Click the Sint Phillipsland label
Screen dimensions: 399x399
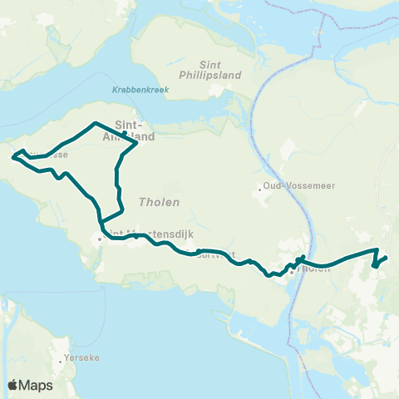(x=221, y=68)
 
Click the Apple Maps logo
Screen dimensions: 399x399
(x=30, y=386)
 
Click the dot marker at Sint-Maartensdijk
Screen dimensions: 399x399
(x=100, y=239)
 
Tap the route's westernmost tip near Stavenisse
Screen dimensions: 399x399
(x=12, y=154)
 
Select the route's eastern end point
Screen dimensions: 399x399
(x=387, y=258)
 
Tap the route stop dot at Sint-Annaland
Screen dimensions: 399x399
(x=124, y=133)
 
